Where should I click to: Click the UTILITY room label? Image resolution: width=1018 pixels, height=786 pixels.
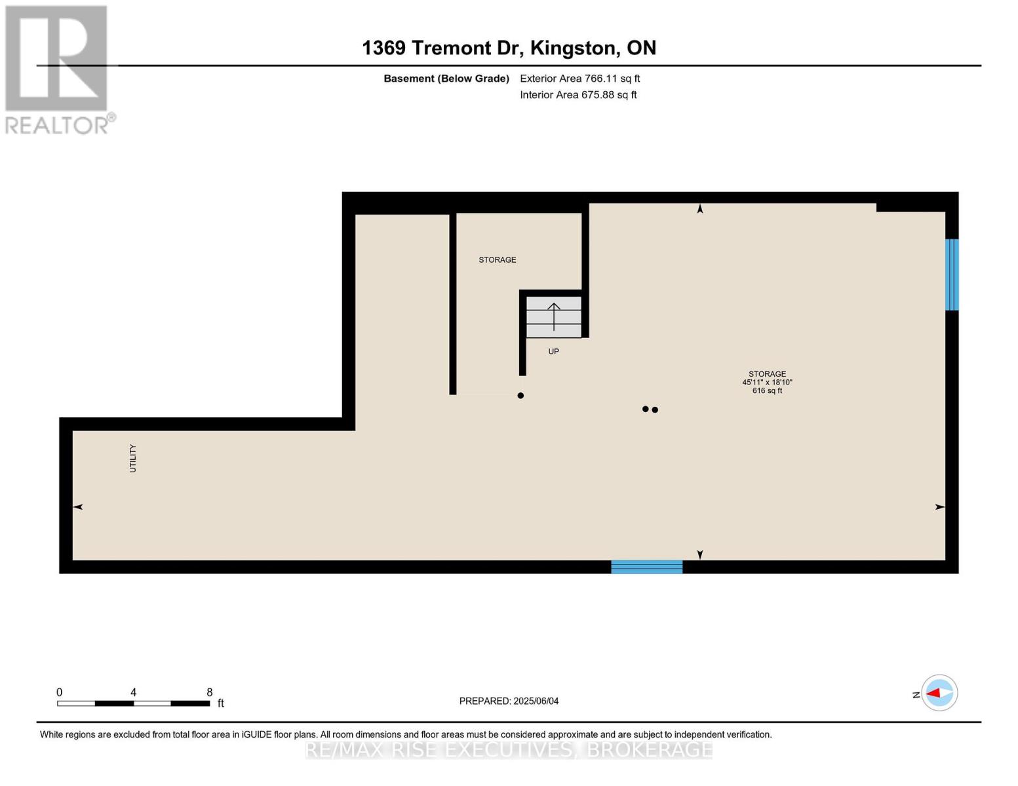pyautogui.click(x=133, y=458)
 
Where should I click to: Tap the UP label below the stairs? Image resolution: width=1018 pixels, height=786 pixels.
pyautogui.click(x=553, y=352)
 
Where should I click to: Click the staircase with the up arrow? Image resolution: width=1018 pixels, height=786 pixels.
pyautogui.click(x=554, y=317)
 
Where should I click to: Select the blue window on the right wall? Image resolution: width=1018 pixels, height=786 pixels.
pyautogui.click(x=951, y=274)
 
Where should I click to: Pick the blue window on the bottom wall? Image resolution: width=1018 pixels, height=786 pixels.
pyautogui.click(x=646, y=567)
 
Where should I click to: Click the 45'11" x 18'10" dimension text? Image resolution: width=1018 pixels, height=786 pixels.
pyautogui.click(x=767, y=383)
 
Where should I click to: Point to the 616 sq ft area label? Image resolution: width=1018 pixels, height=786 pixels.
pyautogui.click(x=767, y=391)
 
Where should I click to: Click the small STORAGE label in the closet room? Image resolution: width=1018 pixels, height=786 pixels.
pyautogui.click(x=497, y=260)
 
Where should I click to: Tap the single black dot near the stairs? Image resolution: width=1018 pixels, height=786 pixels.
pyautogui.click(x=520, y=396)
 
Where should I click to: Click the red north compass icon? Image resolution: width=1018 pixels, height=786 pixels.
pyautogui.click(x=939, y=693)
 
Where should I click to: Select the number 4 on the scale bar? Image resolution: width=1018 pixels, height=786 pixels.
pyautogui.click(x=133, y=692)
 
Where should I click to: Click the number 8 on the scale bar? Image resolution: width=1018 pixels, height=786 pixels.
pyautogui.click(x=210, y=692)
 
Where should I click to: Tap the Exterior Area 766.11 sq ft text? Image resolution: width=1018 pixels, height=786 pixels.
pyautogui.click(x=579, y=79)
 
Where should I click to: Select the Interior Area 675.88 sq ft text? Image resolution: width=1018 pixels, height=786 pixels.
pyautogui.click(x=578, y=95)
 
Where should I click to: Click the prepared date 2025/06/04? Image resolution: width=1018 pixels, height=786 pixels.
pyautogui.click(x=536, y=701)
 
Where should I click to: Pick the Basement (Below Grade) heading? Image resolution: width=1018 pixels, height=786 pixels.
pyautogui.click(x=446, y=79)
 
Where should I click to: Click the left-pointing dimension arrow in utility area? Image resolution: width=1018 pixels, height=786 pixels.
pyautogui.click(x=77, y=507)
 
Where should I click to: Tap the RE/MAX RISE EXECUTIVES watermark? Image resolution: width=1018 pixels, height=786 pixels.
pyautogui.click(x=509, y=749)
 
